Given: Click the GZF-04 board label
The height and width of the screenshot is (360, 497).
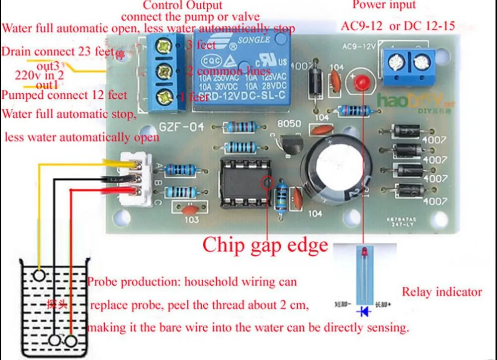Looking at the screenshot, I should coord(182,127).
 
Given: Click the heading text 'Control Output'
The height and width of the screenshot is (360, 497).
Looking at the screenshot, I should coord(183,5).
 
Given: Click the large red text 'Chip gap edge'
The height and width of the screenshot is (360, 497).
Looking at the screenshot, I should coord(265,245).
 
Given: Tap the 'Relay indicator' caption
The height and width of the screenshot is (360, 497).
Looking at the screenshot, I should coord(441,292).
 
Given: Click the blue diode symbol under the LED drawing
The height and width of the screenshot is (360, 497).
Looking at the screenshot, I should coord(363,311).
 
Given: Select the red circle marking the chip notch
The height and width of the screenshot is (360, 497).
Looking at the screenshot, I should coord(267,182).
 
